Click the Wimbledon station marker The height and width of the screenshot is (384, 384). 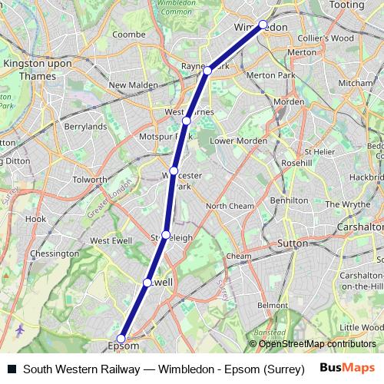[263, 25]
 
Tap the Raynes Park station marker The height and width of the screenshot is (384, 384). [208, 71]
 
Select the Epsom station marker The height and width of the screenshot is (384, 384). [121, 338]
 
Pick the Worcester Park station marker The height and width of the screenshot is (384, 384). [174, 170]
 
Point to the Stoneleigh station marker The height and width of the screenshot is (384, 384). [165, 234]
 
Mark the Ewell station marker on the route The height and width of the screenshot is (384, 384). [147, 283]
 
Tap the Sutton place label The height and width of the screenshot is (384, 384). [292, 243]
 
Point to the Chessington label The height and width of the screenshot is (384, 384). [55, 253]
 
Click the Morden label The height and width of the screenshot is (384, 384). [290, 102]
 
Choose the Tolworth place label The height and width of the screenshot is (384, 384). [90, 180]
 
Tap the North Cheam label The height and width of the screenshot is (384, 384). [230, 206]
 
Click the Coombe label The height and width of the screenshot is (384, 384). [128, 34]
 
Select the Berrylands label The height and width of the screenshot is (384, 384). [85, 126]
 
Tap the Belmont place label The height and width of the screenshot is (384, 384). [272, 306]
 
